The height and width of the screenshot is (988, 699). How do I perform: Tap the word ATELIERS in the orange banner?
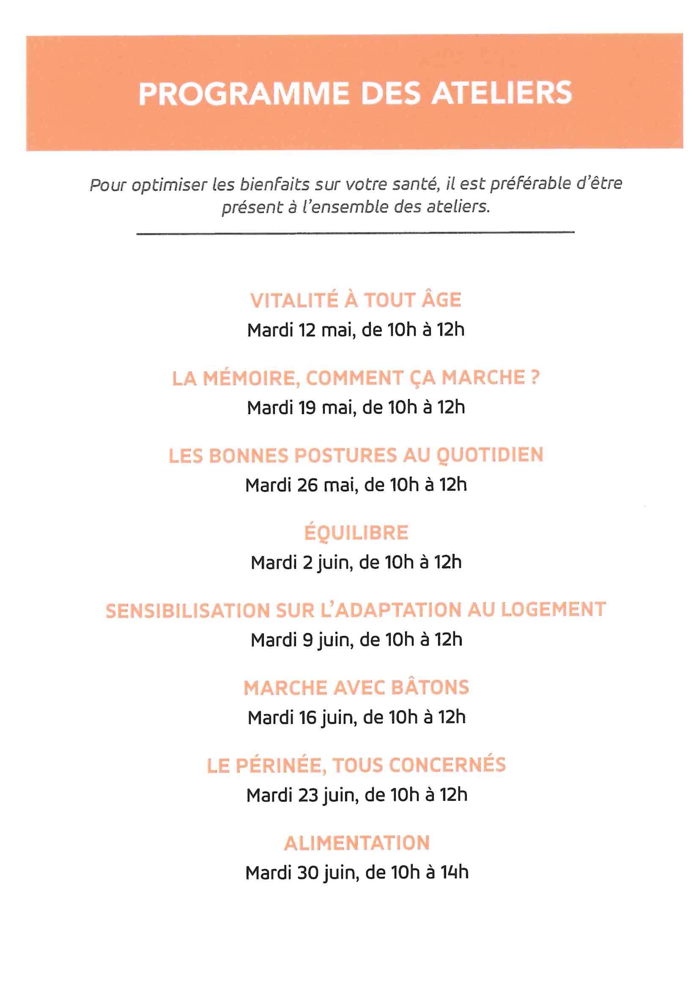coord(502,93)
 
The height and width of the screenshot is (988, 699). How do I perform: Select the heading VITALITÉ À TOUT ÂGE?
coord(355,300)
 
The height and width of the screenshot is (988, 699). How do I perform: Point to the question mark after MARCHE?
coord(535,377)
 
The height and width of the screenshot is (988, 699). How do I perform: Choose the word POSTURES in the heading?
coord(345,455)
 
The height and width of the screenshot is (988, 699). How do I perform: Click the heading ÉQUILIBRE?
coord(356,532)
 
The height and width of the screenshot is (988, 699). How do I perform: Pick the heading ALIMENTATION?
coord(357,843)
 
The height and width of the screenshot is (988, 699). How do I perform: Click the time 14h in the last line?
coord(455,872)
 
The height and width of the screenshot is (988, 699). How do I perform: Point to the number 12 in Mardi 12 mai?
coord(307,330)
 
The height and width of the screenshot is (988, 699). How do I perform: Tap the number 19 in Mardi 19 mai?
coord(307,407)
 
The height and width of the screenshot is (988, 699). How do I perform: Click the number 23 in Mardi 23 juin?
coord(308,795)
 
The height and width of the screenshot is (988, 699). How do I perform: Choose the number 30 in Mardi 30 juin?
coord(307,872)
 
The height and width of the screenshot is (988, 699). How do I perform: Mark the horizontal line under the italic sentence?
coord(355,233)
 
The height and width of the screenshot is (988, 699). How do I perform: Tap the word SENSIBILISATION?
coord(187,611)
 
